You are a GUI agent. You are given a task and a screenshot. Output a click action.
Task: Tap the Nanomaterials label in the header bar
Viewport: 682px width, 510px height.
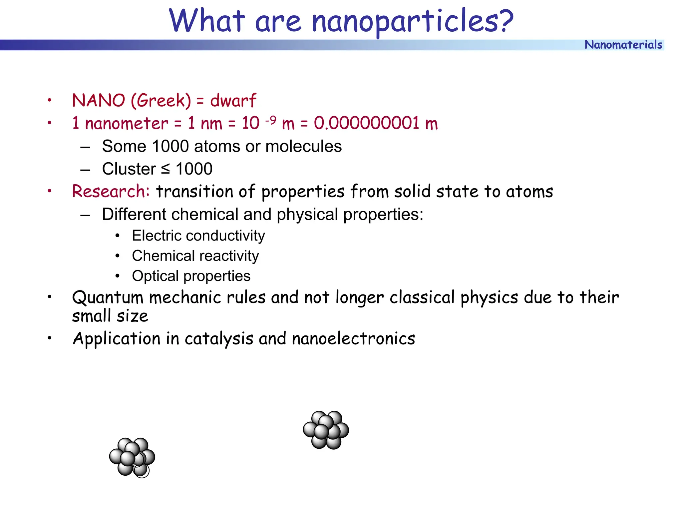click(x=623, y=45)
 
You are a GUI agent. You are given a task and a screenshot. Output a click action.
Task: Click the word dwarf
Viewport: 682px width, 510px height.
click(x=233, y=101)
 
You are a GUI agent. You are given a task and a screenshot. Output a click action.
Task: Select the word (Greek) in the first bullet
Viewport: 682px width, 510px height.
click(x=161, y=101)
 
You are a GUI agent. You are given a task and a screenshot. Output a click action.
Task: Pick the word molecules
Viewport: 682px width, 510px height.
click(x=303, y=146)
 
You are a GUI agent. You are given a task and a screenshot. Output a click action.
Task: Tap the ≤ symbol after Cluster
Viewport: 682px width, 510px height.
click(x=165, y=169)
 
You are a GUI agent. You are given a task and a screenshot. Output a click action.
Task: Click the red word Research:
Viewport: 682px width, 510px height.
click(x=111, y=192)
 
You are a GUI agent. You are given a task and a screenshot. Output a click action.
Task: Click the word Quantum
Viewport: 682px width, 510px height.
click(x=108, y=297)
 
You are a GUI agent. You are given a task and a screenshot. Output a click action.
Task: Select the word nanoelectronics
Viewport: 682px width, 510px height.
click(x=353, y=339)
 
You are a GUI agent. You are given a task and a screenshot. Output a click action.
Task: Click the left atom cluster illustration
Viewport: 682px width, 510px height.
click(x=132, y=457)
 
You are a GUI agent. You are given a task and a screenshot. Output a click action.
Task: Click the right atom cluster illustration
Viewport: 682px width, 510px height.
click(x=326, y=430)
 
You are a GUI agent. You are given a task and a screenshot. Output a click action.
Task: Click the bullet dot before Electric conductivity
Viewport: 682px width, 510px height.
click(x=117, y=236)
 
